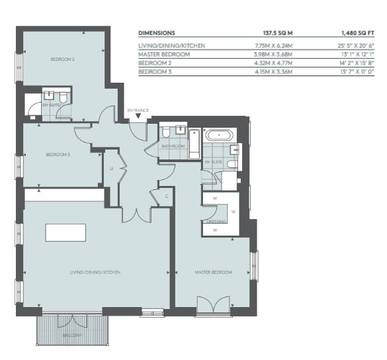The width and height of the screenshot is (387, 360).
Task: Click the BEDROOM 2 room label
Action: [x=62, y=60]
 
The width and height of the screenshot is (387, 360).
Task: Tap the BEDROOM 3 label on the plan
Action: [x=58, y=155]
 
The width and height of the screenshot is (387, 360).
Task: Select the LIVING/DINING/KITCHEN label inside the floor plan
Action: [x=95, y=273]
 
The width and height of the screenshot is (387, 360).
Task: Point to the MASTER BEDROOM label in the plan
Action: [x=214, y=273]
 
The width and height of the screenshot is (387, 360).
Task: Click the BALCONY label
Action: [x=72, y=336]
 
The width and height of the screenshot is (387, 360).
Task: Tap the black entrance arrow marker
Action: [x=138, y=116]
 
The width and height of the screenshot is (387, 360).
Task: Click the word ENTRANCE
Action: [x=138, y=111]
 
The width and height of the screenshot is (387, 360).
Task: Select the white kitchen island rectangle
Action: [x=65, y=232]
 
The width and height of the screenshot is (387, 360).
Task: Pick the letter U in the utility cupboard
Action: [x=112, y=169]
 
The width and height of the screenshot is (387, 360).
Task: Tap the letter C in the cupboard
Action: [x=167, y=197]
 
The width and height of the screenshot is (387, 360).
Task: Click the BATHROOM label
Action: [x=173, y=146]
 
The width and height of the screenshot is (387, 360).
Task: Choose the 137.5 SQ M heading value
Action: [x=278, y=33]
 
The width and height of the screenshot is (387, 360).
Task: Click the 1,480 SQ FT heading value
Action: [x=358, y=33]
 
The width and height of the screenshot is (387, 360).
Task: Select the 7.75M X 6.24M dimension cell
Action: [x=273, y=46]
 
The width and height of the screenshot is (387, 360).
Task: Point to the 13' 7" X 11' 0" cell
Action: [x=357, y=72]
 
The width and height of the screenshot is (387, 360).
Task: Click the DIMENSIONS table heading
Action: [x=157, y=33]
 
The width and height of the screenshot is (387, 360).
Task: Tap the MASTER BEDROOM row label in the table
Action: [x=164, y=54]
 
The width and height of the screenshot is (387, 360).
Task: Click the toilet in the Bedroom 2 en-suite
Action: [x=64, y=97]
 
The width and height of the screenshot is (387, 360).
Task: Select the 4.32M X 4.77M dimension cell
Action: [x=273, y=64]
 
